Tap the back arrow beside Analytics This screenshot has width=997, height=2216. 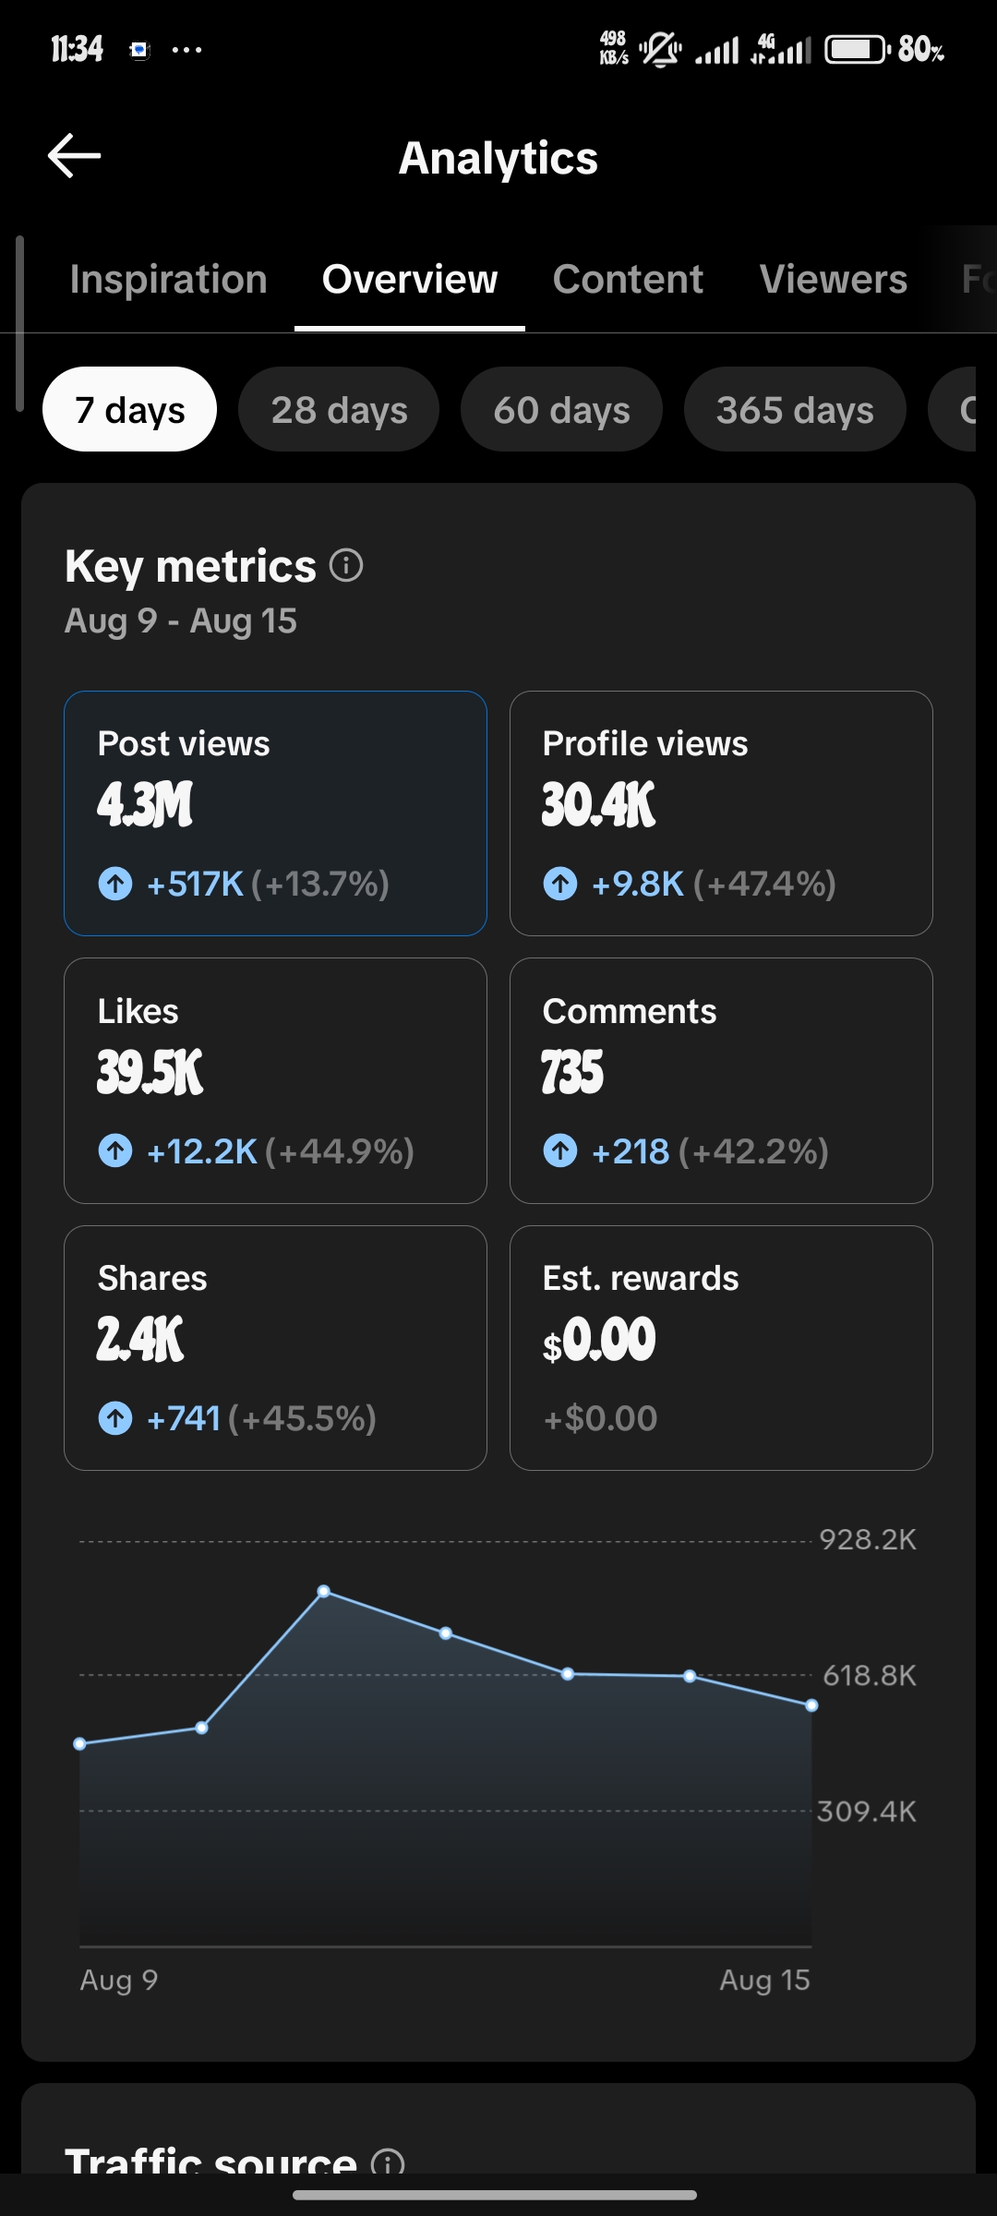point(74,155)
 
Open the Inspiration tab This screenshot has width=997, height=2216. point(168,279)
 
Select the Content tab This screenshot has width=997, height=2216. point(628,279)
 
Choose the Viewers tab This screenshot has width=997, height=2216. point(834,279)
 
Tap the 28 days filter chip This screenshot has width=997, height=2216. point(339,409)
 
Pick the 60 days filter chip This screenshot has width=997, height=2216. point(561,409)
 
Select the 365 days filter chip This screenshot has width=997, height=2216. point(795,409)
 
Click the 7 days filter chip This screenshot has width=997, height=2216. point(130,409)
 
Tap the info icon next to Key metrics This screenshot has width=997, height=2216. point(346,565)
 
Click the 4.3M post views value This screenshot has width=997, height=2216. point(145,804)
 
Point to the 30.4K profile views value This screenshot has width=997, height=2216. point(598,804)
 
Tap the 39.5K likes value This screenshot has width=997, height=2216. point(150,1072)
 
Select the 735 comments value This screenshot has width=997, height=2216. point(572,1072)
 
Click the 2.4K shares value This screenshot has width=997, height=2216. point(140,1339)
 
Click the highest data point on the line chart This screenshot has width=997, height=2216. point(324,1592)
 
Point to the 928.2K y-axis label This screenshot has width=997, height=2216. point(868,1539)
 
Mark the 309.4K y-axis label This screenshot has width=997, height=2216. point(867,1811)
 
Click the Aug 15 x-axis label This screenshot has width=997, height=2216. point(764,1981)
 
